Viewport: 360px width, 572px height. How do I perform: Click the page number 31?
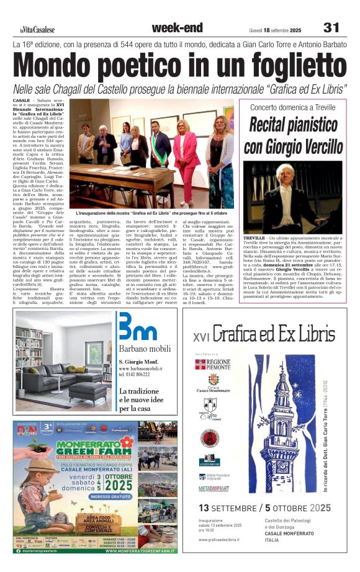(331, 28)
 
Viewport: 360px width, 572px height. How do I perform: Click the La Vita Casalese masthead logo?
(36, 29)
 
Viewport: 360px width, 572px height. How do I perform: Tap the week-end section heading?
(177, 28)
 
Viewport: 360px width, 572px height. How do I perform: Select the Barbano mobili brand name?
(142, 348)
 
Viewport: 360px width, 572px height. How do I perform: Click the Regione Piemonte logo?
(214, 364)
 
